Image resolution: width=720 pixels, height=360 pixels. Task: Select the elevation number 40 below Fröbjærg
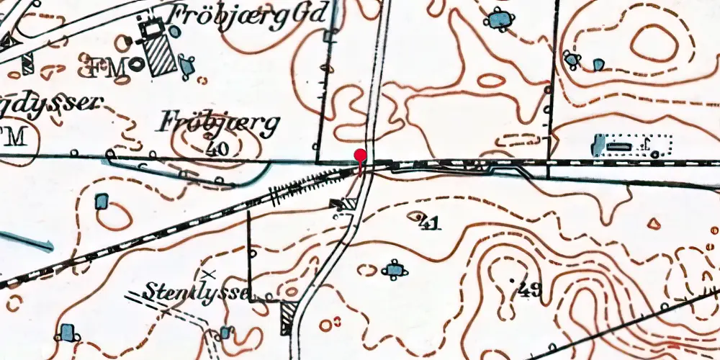tap(214, 149)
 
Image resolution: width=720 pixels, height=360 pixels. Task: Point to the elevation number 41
tap(429, 224)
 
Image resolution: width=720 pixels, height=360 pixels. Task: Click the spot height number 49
tap(529, 290)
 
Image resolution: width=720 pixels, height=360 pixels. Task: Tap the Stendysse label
tap(197, 292)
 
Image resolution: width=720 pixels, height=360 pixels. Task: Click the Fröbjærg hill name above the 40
tap(217, 125)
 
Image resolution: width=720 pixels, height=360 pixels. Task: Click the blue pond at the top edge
tap(498, 19)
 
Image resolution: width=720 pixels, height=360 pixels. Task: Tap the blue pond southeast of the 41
tap(393, 270)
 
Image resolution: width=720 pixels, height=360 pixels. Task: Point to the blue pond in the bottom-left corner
tap(67, 333)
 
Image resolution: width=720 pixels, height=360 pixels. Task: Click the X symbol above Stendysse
tap(209, 274)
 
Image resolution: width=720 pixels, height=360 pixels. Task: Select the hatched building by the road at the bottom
tap(289, 317)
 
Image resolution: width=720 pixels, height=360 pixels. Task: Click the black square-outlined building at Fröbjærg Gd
tap(152, 30)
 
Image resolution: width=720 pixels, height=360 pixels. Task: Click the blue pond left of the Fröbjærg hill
tap(102, 201)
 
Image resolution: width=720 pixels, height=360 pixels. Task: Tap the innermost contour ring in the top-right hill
tap(654, 44)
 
